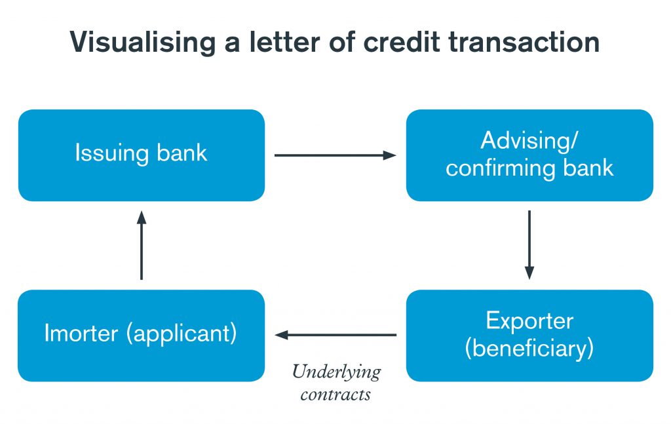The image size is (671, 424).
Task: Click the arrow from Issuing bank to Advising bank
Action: pos(335,155)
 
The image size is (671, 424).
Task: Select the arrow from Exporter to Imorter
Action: pos(335,336)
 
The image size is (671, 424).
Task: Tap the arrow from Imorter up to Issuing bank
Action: pos(141,245)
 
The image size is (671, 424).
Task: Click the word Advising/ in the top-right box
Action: pos(529,140)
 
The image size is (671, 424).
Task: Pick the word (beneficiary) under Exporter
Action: pos(529,347)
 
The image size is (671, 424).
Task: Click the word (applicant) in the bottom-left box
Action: pos(183,334)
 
